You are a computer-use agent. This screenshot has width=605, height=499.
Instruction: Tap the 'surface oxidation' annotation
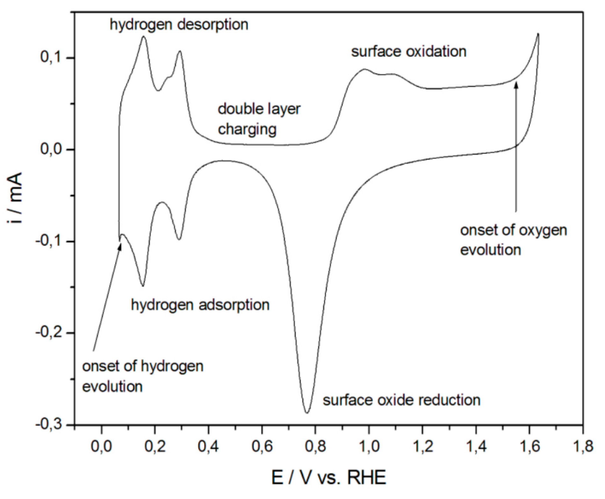click(x=409, y=51)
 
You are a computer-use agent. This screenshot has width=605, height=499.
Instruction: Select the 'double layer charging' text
click(x=259, y=119)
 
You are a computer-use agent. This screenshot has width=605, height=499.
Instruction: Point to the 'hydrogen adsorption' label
click(x=200, y=305)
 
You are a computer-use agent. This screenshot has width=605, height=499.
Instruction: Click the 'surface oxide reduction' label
click(x=401, y=400)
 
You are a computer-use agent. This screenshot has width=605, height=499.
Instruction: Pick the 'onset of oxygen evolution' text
click(x=513, y=240)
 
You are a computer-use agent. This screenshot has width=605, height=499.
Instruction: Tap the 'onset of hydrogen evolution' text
click(x=143, y=376)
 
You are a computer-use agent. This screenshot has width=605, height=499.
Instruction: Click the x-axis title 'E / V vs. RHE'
click(x=328, y=478)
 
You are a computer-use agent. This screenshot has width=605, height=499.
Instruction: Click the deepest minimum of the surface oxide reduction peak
click(x=307, y=413)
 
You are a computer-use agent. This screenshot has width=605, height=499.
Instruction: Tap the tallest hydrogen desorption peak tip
click(x=144, y=36)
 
